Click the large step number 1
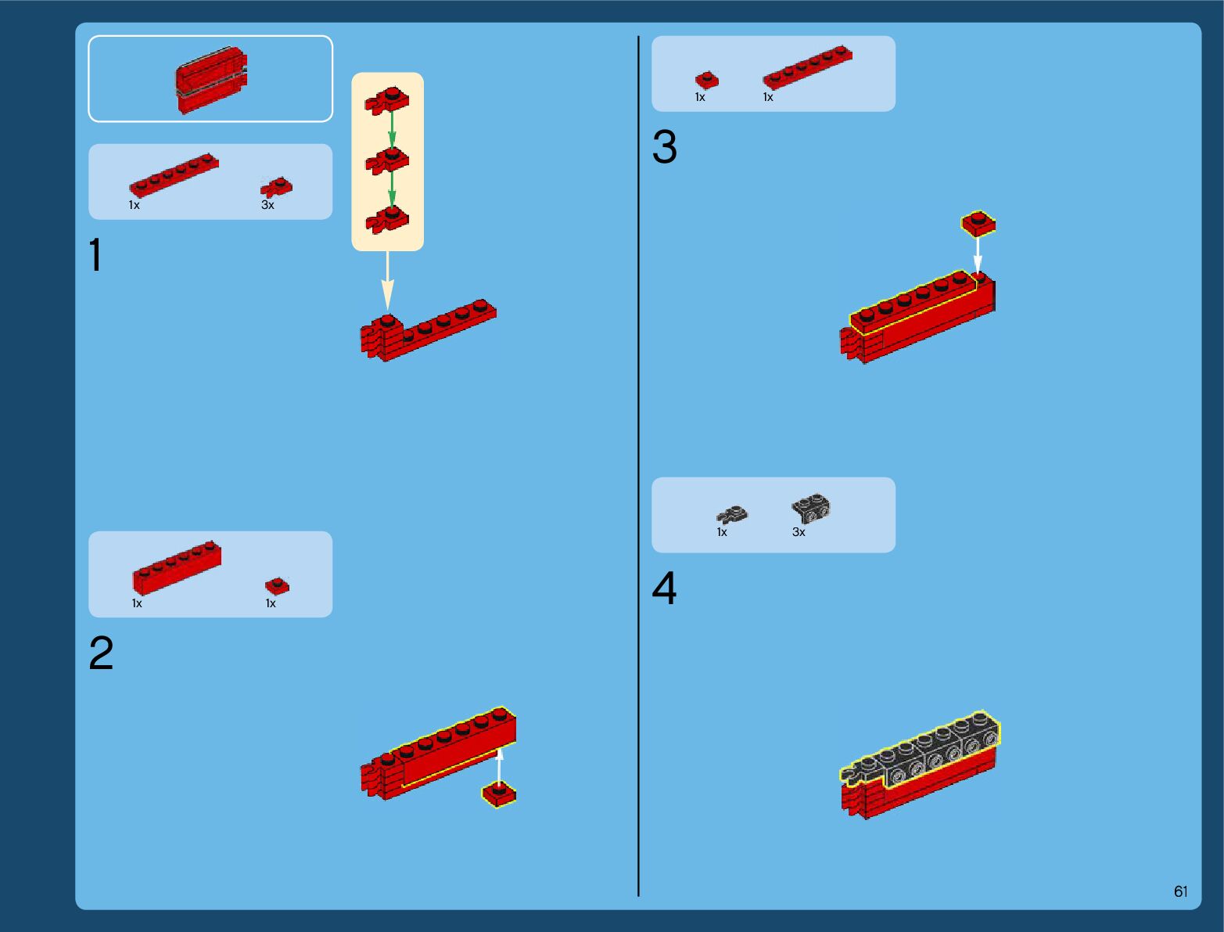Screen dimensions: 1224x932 (96, 254)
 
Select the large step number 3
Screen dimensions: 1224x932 (664, 146)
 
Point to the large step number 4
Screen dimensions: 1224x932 (664, 588)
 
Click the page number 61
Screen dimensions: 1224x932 (1180, 891)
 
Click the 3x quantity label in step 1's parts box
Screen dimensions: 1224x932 (267, 205)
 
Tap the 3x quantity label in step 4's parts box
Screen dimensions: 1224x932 (799, 532)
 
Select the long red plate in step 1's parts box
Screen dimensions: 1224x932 (174, 175)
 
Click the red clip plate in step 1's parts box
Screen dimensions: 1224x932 (277, 187)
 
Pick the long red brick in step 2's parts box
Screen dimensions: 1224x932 (177, 567)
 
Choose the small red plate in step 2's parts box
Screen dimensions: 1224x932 (277, 585)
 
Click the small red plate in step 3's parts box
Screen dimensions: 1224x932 (706, 80)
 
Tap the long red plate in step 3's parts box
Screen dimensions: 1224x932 (807, 67)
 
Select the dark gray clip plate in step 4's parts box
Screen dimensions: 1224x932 (732, 514)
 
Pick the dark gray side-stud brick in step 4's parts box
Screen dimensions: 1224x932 (811, 508)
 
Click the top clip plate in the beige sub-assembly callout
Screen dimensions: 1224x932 (387, 100)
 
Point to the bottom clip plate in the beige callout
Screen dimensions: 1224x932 (387, 219)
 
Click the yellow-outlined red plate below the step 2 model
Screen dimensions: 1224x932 (499, 793)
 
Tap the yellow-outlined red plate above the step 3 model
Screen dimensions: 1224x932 (978, 223)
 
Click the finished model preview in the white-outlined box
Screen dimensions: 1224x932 (211, 79)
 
